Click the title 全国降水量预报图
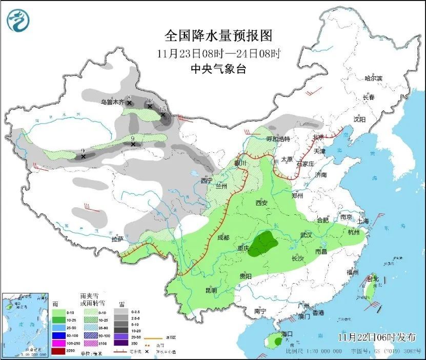tap(217, 35)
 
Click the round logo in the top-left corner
tap(18, 20)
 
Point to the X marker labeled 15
tap(164, 115)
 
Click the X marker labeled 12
tap(150, 106)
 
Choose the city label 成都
tap(224, 237)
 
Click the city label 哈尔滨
tap(373, 78)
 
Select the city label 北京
tap(318, 137)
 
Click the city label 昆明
tap(211, 290)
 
